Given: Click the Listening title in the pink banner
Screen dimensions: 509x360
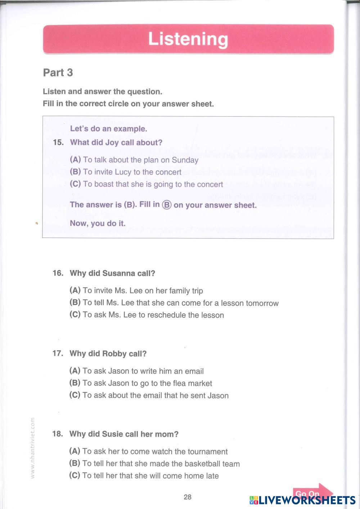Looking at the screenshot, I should pyautogui.click(x=188, y=39).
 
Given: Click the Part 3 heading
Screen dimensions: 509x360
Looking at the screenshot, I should pyautogui.click(x=58, y=73).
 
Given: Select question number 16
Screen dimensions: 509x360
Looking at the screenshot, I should pyautogui.click(x=58, y=273).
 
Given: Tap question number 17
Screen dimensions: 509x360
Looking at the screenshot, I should pyautogui.click(x=58, y=353).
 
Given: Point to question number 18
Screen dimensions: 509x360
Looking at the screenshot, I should pyautogui.click(x=58, y=434).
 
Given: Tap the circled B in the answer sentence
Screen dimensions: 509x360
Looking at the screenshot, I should pyautogui.click(x=167, y=205).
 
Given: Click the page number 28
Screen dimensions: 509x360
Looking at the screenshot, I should pyautogui.click(x=188, y=497).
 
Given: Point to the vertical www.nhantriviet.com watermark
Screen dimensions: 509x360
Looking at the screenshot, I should pyautogui.click(x=33, y=448).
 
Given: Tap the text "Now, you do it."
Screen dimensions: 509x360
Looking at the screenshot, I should pyautogui.click(x=98, y=223).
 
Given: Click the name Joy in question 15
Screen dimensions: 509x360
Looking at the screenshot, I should pyautogui.click(x=112, y=143).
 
